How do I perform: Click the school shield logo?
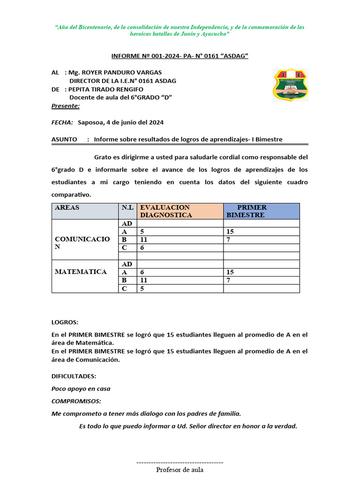(x=291, y=85)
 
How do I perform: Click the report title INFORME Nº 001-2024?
(x=180, y=56)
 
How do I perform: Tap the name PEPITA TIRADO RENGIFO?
(x=106, y=89)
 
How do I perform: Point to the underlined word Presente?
(x=65, y=106)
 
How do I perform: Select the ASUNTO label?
(x=64, y=139)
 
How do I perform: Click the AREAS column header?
(x=67, y=207)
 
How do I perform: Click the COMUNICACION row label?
(x=82, y=243)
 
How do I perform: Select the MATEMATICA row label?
(x=81, y=272)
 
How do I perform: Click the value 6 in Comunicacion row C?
(x=142, y=247)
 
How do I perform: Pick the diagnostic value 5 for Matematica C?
(x=142, y=289)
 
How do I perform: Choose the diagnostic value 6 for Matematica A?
(x=142, y=272)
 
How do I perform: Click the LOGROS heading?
(x=65, y=322)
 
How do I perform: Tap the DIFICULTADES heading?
(x=74, y=376)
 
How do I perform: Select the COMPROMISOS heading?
(x=76, y=401)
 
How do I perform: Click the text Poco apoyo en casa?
(x=81, y=389)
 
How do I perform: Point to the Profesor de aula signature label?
(x=180, y=470)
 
